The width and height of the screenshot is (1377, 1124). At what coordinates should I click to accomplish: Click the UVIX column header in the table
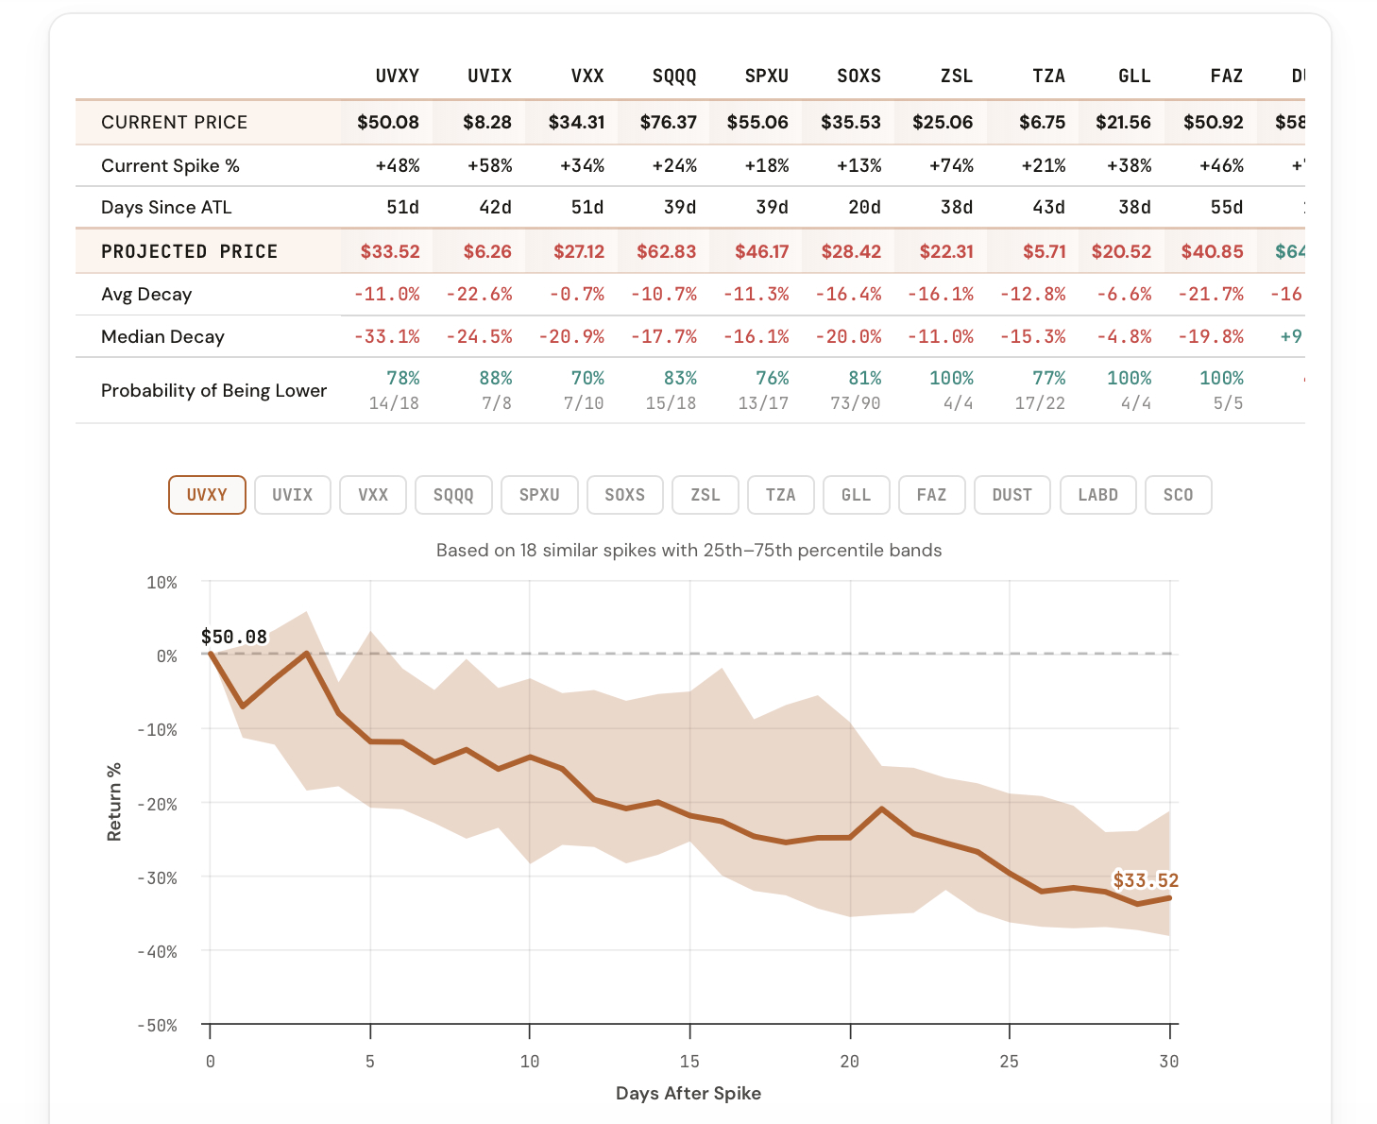tap(489, 77)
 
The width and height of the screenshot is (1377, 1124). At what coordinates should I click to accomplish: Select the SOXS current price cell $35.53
tap(850, 123)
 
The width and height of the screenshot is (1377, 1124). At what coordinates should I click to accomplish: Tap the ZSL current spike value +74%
tap(951, 166)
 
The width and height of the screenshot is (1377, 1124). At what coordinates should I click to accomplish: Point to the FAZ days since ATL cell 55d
tap(1226, 208)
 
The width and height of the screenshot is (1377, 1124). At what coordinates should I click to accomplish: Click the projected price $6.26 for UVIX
tap(487, 252)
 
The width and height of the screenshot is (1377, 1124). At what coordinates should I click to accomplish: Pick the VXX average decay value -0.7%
tap(577, 295)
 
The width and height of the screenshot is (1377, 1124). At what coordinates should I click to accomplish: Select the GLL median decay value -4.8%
tap(1124, 337)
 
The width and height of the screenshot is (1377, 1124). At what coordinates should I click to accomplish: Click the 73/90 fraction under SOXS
tap(856, 403)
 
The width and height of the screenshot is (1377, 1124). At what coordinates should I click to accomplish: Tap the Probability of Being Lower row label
tap(213, 391)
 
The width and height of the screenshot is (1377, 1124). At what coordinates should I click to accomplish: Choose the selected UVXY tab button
tap(207, 495)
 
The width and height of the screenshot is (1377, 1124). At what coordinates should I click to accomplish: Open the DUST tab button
tap(1011, 495)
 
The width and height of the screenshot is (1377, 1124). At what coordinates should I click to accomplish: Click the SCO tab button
tap(1178, 495)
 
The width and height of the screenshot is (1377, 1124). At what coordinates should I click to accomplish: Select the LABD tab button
tap(1097, 495)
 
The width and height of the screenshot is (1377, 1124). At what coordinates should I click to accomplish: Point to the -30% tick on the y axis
tap(158, 878)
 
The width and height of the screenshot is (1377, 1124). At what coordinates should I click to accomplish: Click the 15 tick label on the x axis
tap(689, 1062)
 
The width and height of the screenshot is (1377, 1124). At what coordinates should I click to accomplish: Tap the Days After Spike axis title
tap(688, 1094)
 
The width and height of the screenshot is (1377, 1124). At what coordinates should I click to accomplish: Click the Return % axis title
tap(114, 801)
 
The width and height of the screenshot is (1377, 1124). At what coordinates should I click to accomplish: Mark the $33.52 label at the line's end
tap(1145, 881)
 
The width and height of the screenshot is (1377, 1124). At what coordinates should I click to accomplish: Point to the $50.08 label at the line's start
tap(234, 638)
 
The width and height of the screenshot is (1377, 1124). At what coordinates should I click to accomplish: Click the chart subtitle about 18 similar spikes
tap(688, 551)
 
